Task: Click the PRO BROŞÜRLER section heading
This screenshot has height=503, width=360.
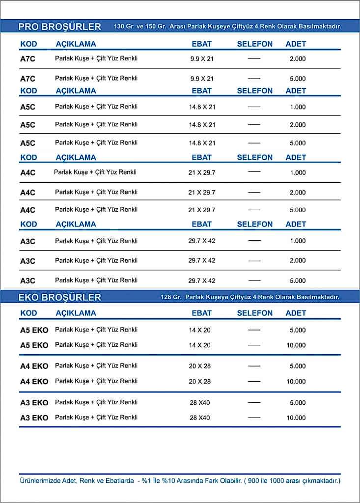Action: click(59, 27)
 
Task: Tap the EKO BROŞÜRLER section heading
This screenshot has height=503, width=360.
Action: click(59, 297)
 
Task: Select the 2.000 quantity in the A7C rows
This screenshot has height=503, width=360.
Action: click(298, 59)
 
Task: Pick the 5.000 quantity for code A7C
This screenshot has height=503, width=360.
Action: click(298, 79)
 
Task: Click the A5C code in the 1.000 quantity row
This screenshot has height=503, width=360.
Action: click(28, 107)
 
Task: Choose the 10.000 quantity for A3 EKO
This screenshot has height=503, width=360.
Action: click(296, 418)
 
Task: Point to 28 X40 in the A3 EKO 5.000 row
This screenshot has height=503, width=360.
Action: click(200, 403)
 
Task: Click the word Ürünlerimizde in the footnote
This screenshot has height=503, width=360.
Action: click(40, 480)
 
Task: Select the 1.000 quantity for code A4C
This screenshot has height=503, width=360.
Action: click(298, 173)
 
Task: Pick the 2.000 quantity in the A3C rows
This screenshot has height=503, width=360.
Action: click(298, 261)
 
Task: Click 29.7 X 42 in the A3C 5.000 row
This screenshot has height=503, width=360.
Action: click(202, 281)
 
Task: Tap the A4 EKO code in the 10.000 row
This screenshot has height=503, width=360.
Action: click(34, 382)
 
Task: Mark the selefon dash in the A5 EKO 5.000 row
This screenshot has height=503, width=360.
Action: click(254, 330)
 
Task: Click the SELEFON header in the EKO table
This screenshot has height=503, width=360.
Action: click(254, 313)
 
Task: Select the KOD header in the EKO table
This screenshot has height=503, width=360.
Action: click(28, 313)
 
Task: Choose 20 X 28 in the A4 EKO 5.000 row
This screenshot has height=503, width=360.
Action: click(200, 366)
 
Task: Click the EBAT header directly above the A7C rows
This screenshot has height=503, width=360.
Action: click(201, 44)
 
